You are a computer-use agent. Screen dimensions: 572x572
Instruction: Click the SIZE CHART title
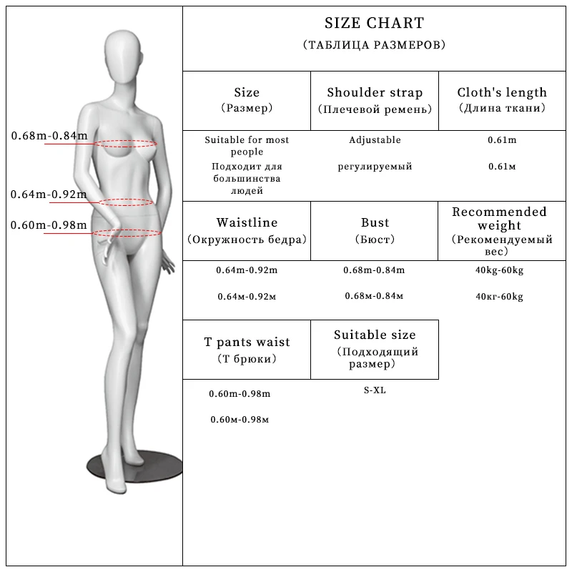click(374, 24)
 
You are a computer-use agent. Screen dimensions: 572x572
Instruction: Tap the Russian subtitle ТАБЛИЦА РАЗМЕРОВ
click(374, 45)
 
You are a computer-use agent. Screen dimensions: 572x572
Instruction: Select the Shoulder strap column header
click(375, 93)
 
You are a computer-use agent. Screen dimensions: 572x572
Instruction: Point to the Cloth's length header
click(502, 93)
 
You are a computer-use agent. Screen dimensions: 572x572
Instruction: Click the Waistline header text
click(247, 223)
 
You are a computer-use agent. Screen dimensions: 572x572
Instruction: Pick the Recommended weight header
click(499, 219)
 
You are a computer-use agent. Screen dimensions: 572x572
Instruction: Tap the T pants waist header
click(247, 342)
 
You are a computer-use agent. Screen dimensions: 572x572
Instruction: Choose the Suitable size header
click(375, 335)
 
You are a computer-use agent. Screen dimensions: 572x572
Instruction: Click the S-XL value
click(375, 390)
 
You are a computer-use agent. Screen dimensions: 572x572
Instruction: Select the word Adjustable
click(375, 140)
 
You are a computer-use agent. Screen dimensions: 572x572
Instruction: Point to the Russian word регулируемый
click(375, 167)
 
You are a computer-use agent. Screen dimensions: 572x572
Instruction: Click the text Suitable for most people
click(247, 146)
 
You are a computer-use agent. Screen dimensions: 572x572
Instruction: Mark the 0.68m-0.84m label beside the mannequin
click(49, 136)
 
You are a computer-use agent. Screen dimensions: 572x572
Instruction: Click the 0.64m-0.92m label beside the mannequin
click(49, 194)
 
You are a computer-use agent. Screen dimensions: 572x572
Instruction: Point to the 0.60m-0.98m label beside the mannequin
click(49, 226)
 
